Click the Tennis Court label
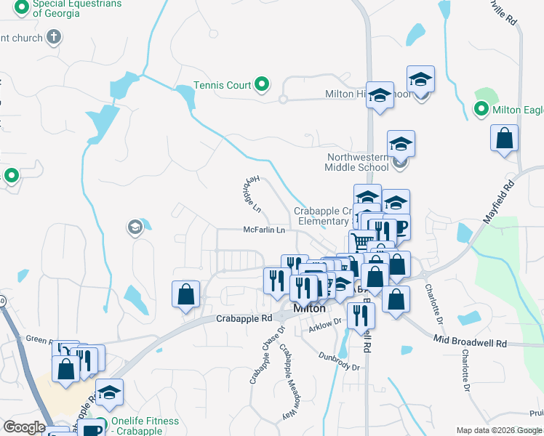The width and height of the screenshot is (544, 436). tap(222, 85)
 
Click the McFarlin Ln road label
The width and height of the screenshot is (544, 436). tap(263, 230)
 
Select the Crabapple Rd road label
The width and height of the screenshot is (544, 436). tap(244, 318)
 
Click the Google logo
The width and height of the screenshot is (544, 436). tap(24, 427)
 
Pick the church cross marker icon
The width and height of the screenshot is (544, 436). tap(54, 36)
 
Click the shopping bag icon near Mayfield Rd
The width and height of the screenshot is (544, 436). tap(505, 138)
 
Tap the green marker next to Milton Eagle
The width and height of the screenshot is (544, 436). tap(481, 110)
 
